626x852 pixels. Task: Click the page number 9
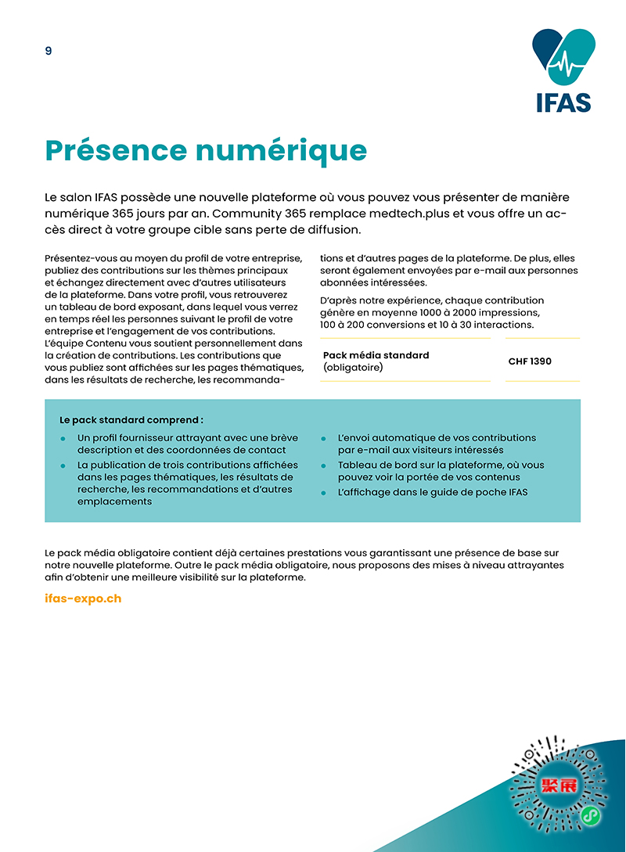pyautogui.click(x=49, y=51)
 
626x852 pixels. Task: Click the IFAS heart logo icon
pyautogui.click(x=563, y=56)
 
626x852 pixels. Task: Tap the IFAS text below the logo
pyautogui.click(x=563, y=102)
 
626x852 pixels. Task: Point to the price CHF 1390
pyautogui.click(x=530, y=361)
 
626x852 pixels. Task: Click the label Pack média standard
pyautogui.click(x=376, y=355)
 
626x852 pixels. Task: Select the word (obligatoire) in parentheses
pyautogui.click(x=353, y=367)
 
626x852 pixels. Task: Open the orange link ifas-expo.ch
pyautogui.click(x=84, y=599)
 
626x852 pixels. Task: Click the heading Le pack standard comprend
pyautogui.click(x=131, y=420)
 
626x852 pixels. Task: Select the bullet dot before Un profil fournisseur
pyautogui.click(x=63, y=438)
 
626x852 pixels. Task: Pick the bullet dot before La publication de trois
pyautogui.click(x=63, y=466)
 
